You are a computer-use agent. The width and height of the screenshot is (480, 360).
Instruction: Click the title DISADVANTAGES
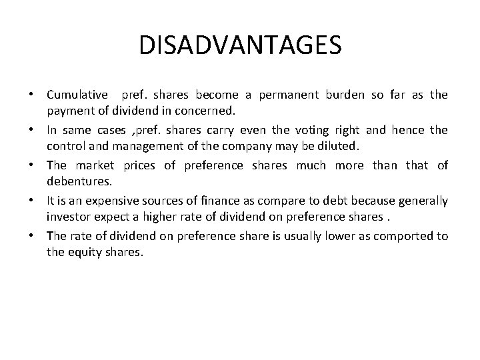click(240, 45)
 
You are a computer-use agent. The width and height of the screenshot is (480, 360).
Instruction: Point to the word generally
click(423, 200)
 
